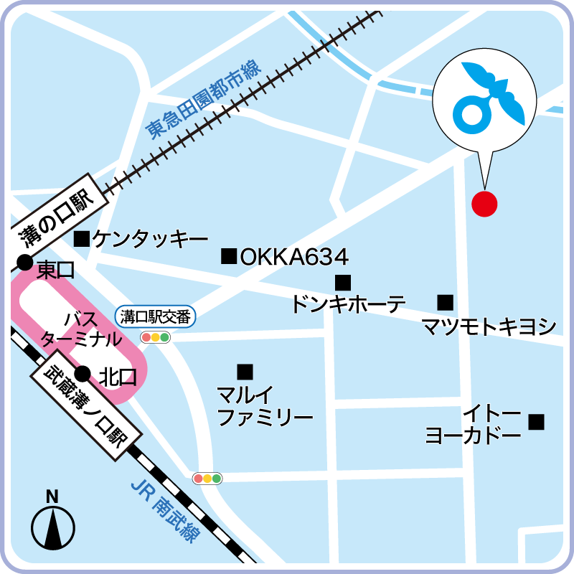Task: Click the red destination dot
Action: (x=484, y=203)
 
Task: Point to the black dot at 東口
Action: (x=24, y=263)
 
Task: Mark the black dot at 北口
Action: (x=83, y=373)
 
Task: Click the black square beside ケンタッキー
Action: (x=82, y=238)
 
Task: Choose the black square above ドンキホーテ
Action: (x=343, y=283)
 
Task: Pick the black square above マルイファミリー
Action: (x=245, y=372)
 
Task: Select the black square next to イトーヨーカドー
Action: (x=536, y=422)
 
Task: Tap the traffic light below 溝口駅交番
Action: (x=155, y=337)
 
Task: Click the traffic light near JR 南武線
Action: (x=207, y=478)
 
